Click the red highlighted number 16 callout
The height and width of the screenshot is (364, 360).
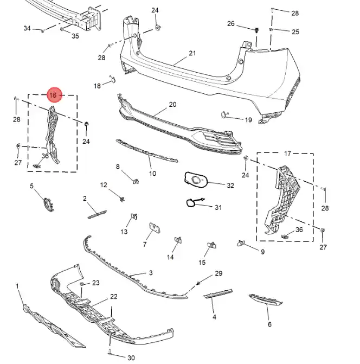[x=55, y=95]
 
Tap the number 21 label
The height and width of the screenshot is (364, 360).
[x=192, y=53]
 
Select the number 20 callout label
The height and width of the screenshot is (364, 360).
[x=172, y=105]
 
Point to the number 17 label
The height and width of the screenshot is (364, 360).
[x=287, y=154]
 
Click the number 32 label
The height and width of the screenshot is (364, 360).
[x=230, y=186]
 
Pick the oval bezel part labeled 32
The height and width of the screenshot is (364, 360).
[x=196, y=180]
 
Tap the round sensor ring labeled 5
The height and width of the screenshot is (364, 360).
[x=49, y=205]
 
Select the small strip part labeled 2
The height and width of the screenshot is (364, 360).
[x=97, y=214]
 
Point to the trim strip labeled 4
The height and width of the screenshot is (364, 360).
[x=218, y=293]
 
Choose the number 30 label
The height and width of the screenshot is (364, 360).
[x=131, y=357]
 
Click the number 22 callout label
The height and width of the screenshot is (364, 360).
[x=114, y=296]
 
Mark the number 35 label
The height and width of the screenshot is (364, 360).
[x=75, y=36]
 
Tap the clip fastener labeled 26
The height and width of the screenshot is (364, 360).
[x=256, y=30]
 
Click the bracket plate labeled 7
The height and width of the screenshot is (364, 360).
[x=155, y=228]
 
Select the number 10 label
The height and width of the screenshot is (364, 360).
[x=152, y=174]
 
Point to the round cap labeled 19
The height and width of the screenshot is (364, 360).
[x=224, y=114]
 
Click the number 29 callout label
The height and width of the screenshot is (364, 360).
[x=218, y=273]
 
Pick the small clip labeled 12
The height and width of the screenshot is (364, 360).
[x=122, y=199]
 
